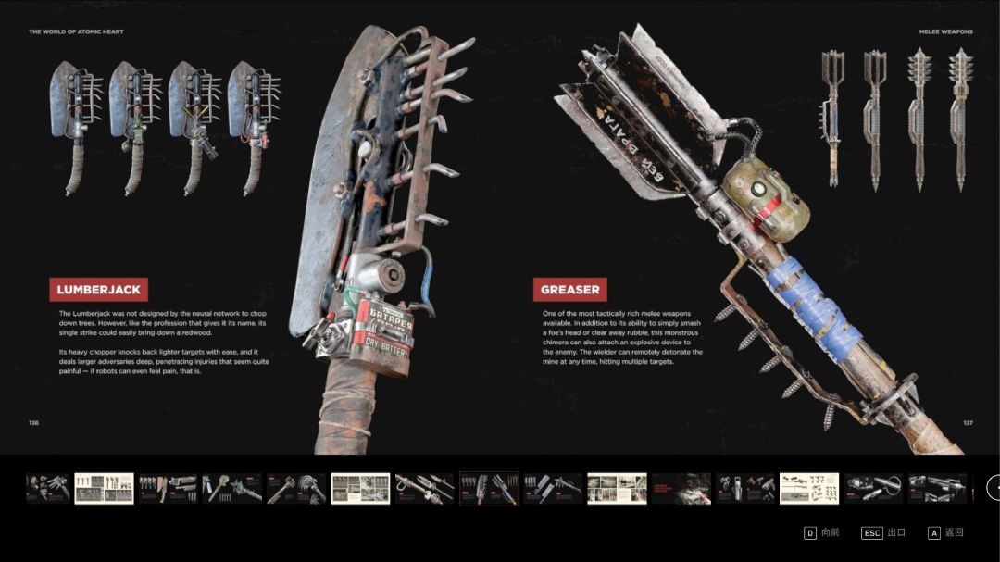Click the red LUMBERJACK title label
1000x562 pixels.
(98, 290)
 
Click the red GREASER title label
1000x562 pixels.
(570, 290)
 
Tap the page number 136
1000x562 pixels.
(33, 423)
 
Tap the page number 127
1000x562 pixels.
(968, 423)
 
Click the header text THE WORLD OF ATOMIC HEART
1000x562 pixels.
(76, 31)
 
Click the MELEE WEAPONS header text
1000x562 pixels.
(945, 31)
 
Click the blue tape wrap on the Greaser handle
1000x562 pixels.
(806, 296)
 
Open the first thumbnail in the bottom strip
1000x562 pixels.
(47, 489)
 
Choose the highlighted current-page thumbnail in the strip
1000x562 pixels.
(489, 489)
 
